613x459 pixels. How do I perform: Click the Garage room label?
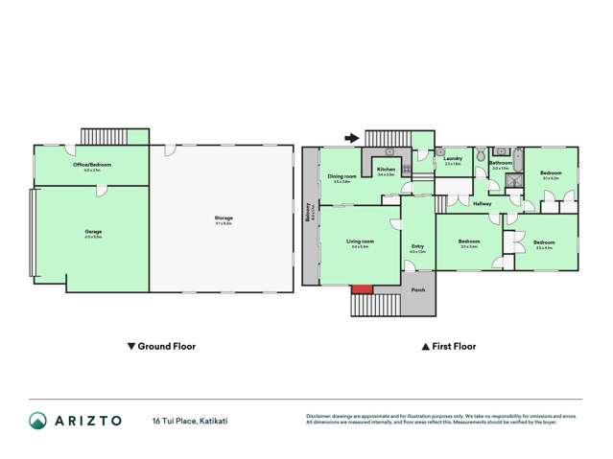pyautogui.click(x=93, y=233)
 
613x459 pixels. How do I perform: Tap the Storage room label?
pyautogui.click(x=224, y=218)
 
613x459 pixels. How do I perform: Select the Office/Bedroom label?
pyautogui.click(x=93, y=165)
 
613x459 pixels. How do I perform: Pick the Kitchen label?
pyautogui.click(x=387, y=171)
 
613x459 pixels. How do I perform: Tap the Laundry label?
pyautogui.click(x=454, y=159)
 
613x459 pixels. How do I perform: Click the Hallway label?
pyautogui.click(x=482, y=203)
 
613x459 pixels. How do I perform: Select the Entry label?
pyautogui.click(x=417, y=247)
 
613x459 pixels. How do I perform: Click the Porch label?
pyautogui.click(x=417, y=289)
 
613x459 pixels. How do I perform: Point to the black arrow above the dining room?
pyautogui.click(x=352, y=139)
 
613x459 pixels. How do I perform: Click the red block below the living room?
pyautogui.click(x=362, y=289)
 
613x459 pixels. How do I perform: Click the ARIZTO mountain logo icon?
pyautogui.click(x=37, y=421)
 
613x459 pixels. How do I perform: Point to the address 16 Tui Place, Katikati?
pyautogui.click(x=190, y=421)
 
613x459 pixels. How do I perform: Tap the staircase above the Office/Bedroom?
pyautogui.click(x=103, y=136)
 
